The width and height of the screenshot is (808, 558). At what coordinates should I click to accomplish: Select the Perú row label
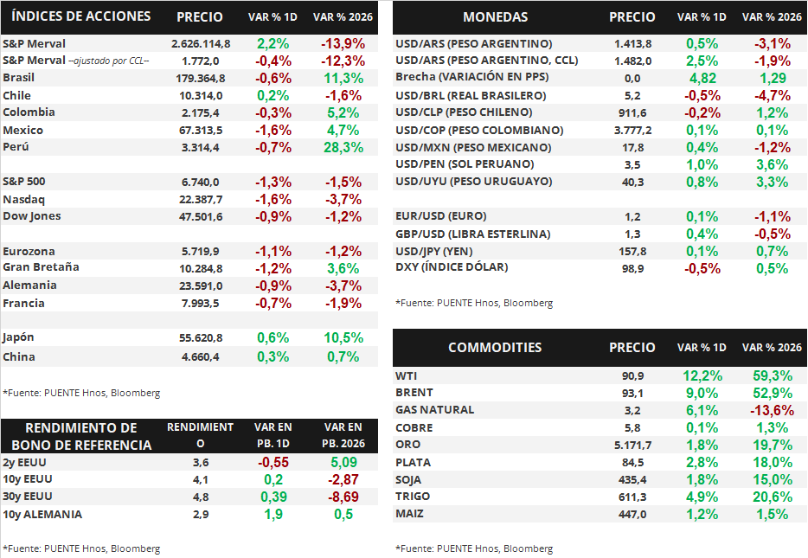click(16, 147)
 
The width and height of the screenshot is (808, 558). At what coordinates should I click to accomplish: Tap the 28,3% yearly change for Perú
click(343, 147)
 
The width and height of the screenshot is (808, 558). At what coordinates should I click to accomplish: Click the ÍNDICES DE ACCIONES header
click(82, 16)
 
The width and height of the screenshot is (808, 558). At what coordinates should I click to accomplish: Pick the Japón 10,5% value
click(343, 337)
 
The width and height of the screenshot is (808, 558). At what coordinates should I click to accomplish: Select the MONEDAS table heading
click(495, 17)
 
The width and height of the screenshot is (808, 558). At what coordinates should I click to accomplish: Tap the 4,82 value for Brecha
click(702, 78)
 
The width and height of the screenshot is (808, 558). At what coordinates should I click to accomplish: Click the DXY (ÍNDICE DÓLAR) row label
click(452, 267)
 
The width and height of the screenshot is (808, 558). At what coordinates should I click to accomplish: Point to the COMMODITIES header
click(495, 348)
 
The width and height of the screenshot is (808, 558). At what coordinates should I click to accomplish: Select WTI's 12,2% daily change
click(702, 376)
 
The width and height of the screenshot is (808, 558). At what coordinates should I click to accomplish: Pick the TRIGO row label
click(413, 497)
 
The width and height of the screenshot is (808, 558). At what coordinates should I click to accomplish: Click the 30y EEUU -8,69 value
click(343, 497)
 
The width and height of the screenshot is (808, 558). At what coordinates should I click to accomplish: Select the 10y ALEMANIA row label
click(42, 514)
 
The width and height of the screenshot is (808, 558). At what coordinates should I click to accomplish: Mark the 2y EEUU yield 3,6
click(201, 463)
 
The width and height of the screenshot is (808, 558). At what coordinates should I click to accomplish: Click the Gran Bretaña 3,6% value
click(343, 268)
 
